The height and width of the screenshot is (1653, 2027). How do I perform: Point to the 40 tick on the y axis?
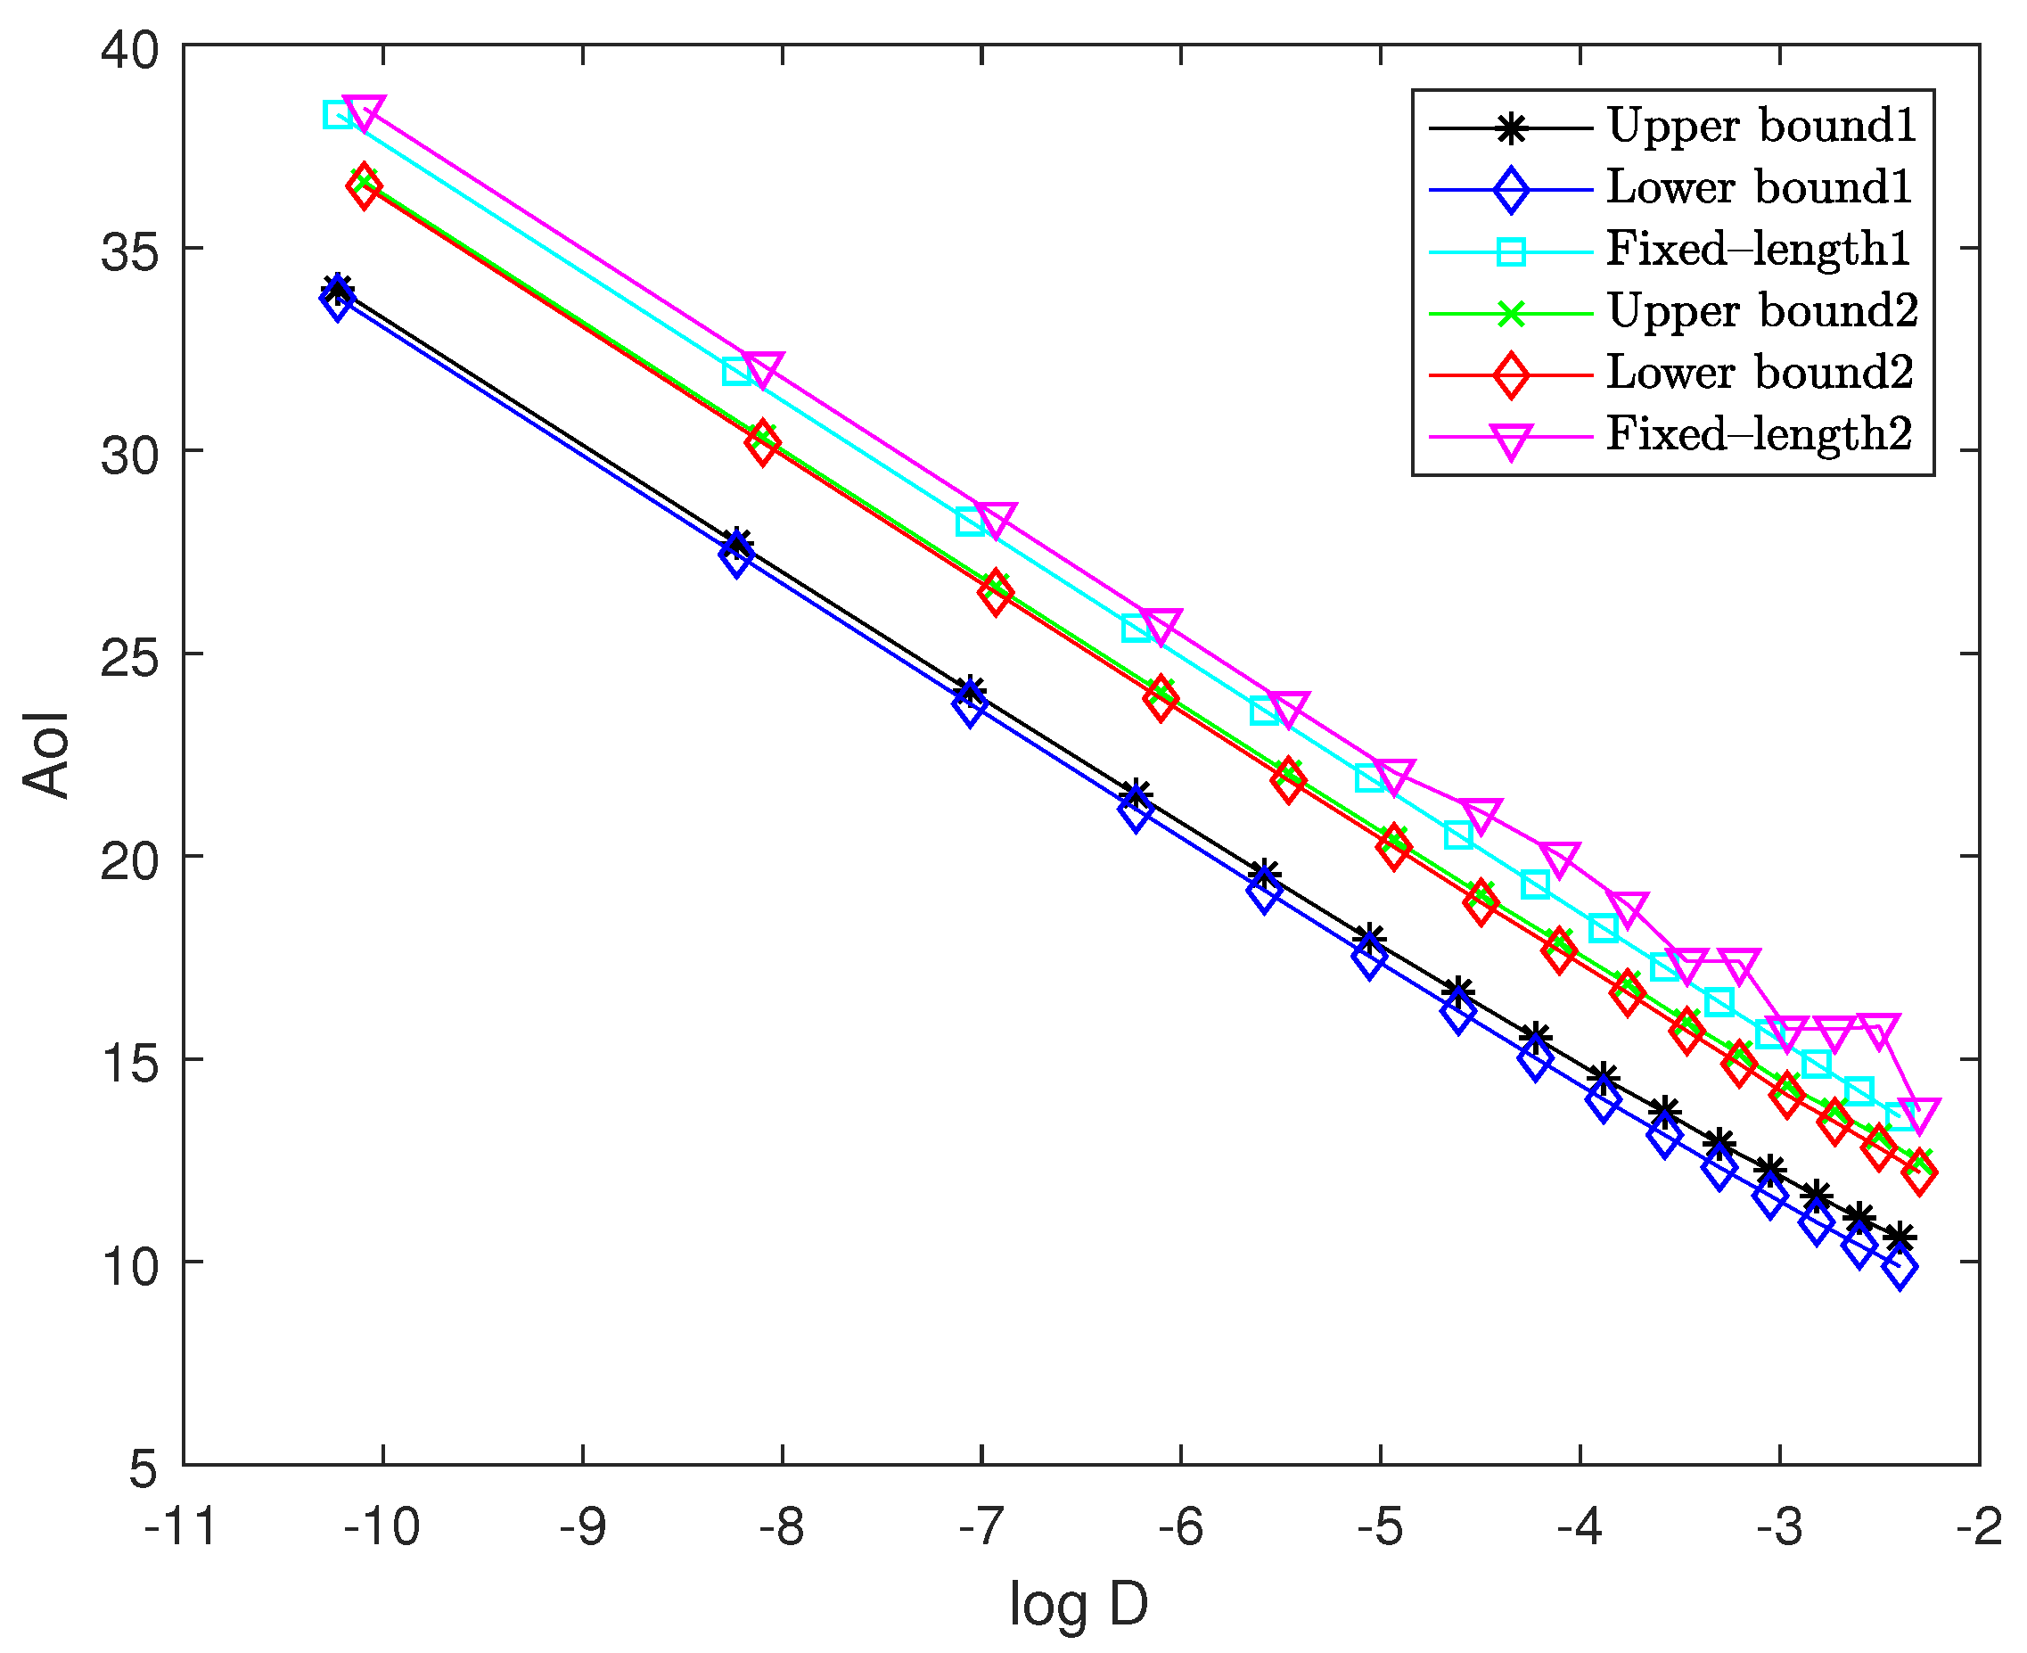coord(130,47)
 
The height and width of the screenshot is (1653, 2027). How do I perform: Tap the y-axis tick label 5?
coord(143,1468)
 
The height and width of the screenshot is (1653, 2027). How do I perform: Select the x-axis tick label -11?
coord(181,1526)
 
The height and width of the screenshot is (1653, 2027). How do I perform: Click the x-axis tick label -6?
coord(1180,1526)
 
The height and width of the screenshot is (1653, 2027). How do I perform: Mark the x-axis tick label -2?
coord(1979,1526)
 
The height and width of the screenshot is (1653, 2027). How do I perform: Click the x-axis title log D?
coord(1079,1603)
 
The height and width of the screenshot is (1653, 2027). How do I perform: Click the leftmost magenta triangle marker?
coord(364,111)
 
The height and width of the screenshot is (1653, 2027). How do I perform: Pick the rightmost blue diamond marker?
coord(1900,1269)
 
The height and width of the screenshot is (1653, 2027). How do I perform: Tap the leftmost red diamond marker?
coord(364,186)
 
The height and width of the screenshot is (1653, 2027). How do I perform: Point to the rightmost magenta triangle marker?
coord(1918,1113)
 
